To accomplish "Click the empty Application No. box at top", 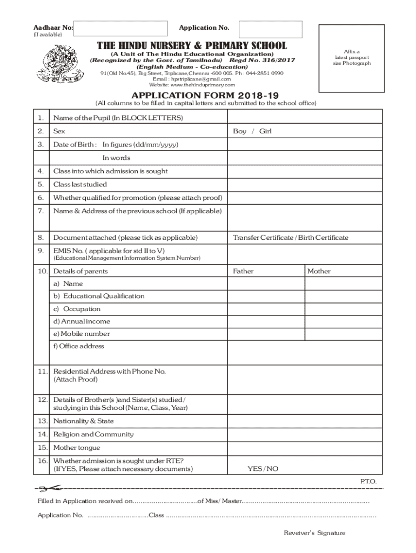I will [270, 29].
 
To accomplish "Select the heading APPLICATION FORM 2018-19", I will [207, 94].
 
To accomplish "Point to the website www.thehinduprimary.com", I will [192, 85].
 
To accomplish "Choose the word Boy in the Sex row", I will [239, 131].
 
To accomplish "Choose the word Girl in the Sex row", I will [265, 131].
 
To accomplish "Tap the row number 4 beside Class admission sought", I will [41, 171].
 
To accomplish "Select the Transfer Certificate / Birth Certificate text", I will [290, 238].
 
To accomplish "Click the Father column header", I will [243, 271].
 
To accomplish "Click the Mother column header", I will [319, 271].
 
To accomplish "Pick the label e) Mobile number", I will [81, 334].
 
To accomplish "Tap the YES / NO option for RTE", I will [263, 469].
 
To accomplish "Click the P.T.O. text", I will [368, 481].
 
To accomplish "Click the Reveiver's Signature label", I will [314, 533].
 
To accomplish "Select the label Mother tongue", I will [76, 448].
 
